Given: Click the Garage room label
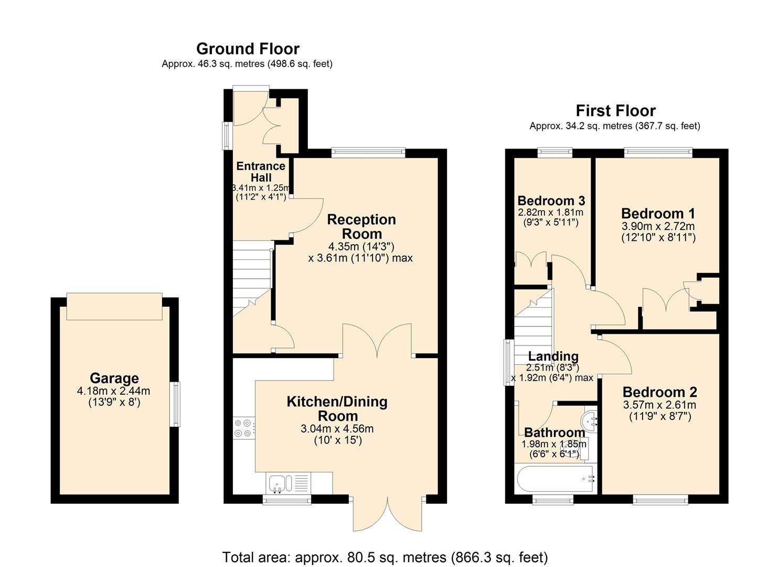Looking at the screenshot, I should [114, 378].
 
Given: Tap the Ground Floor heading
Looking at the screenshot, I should [248, 49].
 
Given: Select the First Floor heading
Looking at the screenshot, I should [615, 111].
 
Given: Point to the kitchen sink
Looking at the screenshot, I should [277, 482].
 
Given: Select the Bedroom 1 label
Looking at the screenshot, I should [658, 214].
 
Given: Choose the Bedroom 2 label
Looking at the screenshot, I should [659, 392].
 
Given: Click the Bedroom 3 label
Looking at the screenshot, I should [551, 201].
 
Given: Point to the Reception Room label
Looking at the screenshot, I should [361, 226].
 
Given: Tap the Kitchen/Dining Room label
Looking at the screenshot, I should [337, 408].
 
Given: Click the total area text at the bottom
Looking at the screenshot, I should [385, 557].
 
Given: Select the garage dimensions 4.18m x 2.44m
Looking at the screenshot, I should [113, 391].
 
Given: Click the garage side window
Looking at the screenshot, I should [176, 404].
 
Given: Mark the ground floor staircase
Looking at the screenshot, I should [252, 278].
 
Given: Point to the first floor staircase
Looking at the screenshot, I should [533, 325].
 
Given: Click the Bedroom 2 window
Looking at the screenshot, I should [660, 499].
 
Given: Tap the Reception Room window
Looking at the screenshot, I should [368, 153].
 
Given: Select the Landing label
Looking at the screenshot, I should [553, 356].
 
